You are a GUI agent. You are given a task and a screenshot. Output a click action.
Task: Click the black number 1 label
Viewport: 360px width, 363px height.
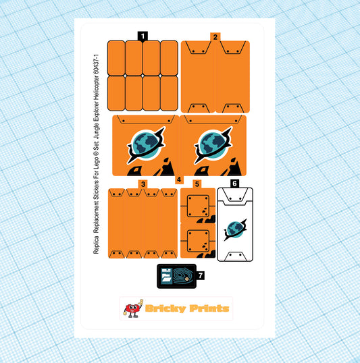[x=143, y=36]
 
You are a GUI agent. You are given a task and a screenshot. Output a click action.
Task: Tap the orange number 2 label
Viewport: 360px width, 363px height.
[x=215, y=37]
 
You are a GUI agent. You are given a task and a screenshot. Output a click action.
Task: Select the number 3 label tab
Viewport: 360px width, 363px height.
[x=143, y=184]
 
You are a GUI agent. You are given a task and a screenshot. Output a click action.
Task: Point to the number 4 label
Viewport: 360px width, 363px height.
[x=179, y=179]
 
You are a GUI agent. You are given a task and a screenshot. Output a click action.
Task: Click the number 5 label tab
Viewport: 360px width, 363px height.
[x=197, y=184]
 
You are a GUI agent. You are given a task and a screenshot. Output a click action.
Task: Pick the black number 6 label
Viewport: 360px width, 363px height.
[x=234, y=184]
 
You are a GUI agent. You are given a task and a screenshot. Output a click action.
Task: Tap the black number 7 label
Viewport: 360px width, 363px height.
[x=201, y=275]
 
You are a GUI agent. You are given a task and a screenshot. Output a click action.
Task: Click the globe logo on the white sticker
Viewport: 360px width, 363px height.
[x=235, y=229]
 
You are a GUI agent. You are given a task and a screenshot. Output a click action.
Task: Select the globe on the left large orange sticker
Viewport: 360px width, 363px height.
[x=146, y=145]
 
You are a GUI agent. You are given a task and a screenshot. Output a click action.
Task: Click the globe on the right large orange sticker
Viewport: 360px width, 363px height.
[x=213, y=145]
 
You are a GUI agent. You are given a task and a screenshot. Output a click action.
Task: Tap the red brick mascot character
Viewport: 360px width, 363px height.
[x=133, y=308]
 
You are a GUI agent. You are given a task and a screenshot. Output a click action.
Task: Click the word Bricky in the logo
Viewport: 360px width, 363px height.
[x=165, y=308]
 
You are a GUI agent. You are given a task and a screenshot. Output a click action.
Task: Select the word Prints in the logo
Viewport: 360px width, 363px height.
[x=209, y=308]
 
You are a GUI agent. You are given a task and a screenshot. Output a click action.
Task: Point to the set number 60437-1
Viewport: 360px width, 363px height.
[x=96, y=64]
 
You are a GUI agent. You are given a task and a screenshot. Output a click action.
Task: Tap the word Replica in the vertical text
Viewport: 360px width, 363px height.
[x=96, y=245]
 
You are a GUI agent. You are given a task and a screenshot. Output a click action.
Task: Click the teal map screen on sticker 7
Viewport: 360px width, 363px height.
[x=183, y=275]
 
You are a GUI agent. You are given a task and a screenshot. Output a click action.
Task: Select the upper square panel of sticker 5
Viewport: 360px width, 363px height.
[x=198, y=206]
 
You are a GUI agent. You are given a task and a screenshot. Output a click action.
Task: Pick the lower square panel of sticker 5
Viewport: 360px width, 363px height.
[x=198, y=241]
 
